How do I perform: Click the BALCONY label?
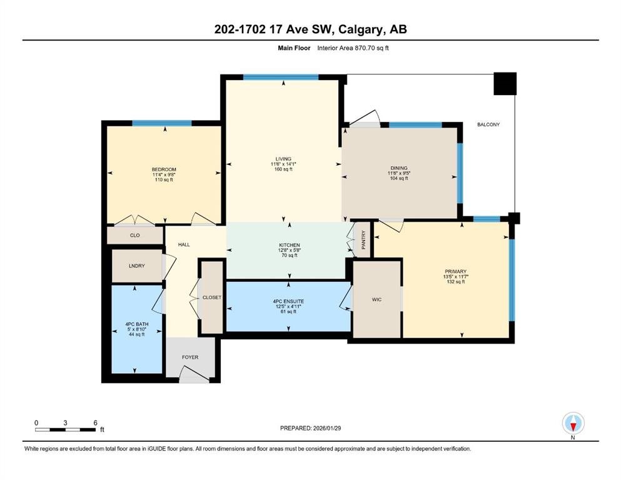pyautogui.click(x=488, y=124)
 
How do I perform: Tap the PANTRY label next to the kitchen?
pyautogui.click(x=363, y=240)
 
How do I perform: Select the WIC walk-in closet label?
pyautogui.click(x=376, y=299)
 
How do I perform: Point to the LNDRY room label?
pyautogui.click(x=136, y=266)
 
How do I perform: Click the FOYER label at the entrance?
pyautogui.click(x=190, y=357)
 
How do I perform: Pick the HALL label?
pyautogui.click(x=184, y=244)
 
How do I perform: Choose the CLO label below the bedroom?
pyautogui.click(x=134, y=235)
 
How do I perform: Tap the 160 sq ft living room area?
pyautogui.click(x=283, y=169)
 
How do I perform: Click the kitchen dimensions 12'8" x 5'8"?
pyautogui.click(x=290, y=250)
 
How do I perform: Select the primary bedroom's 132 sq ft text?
pyautogui.click(x=455, y=282)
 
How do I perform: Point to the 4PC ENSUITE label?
pyautogui.click(x=289, y=301)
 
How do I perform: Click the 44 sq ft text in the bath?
pyautogui.click(x=136, y=334)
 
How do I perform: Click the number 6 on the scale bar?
pyautogui.click(x=96, y=422)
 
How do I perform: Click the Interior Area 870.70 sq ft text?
pyautogui.click(x=353, y=48)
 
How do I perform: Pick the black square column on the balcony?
pyautogui.click(x=505, y=84)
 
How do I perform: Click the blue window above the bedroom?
pyautogui.click(x=161, y=123)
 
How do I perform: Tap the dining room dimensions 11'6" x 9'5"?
pyautogui.click(x=399, y=173)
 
